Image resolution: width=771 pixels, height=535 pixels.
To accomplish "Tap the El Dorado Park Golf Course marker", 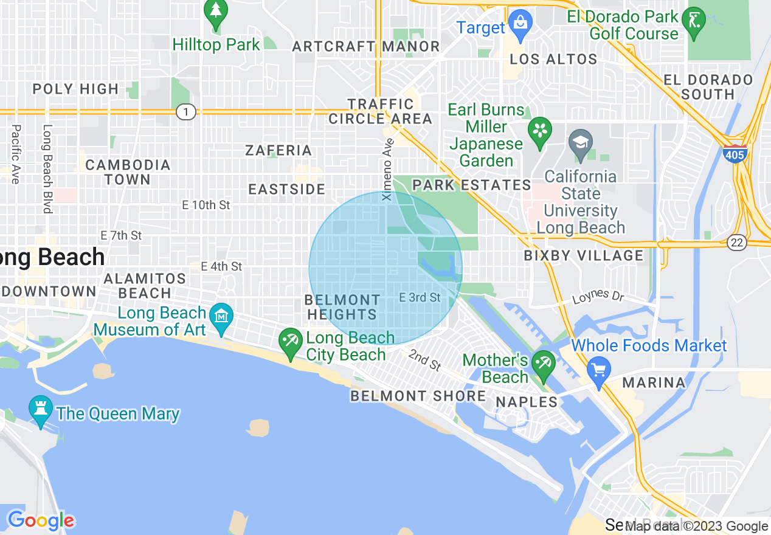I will pos(694,21).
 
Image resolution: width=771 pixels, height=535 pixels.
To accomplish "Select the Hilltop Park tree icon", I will pos(216,13).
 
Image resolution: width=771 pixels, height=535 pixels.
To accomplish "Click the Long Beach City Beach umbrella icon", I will pos(291,342).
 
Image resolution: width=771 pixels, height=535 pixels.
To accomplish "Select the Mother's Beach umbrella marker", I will pos(543,364).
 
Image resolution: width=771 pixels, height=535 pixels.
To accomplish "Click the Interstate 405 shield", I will pos(735,154).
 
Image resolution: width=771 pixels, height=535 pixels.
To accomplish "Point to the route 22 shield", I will pos(737,242).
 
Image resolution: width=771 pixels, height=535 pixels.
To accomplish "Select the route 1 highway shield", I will pos(186,112).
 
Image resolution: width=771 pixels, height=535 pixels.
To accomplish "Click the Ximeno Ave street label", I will pos(388,169).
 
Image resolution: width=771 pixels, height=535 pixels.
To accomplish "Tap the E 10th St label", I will pos(206,205).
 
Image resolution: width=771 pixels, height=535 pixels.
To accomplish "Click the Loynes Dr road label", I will pos(598,296).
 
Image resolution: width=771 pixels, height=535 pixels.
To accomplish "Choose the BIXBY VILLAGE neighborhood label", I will pos(584,255).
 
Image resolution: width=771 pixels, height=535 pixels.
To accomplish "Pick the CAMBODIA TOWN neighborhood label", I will pos(128,172).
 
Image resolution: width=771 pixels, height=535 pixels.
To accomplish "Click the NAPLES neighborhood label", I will pos(527,402).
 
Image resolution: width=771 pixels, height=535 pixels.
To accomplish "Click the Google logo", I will pos(41,520).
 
